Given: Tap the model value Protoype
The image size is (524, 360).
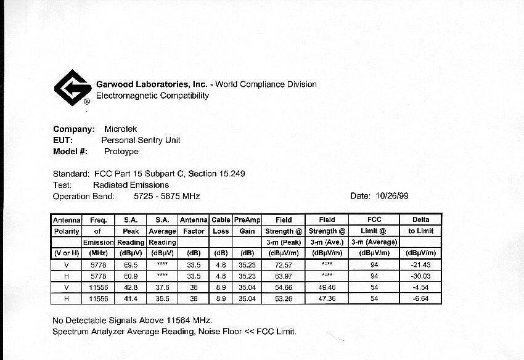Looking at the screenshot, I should click(x=121, y=151).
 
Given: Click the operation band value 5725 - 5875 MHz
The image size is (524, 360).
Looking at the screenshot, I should click(x=166, y=196).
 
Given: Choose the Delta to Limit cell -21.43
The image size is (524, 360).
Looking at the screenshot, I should click(x=421, y=264).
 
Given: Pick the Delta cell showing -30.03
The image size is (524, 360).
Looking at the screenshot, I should click(x=421, y=276).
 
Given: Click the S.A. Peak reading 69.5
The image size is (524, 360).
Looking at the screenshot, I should click(x=130, y=264).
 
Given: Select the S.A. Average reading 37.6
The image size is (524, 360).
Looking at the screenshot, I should click(x=162, y=287).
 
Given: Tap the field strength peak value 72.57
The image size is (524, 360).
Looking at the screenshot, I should click(x=284, y=264).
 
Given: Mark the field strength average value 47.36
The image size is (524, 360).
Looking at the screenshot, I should click(x=327, y=298).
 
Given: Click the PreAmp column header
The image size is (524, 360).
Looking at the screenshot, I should click(x=247, y=219).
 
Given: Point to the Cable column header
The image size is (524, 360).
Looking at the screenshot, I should click(x=221, y=219).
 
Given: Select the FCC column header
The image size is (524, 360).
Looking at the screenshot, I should click(x=374, y=219).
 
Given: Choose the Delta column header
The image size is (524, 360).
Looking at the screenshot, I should click(x=420, y=219).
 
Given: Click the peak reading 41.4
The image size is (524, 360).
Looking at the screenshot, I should click(x=130, y=298).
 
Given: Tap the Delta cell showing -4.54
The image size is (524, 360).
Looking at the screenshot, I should click(x=421, y=287).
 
